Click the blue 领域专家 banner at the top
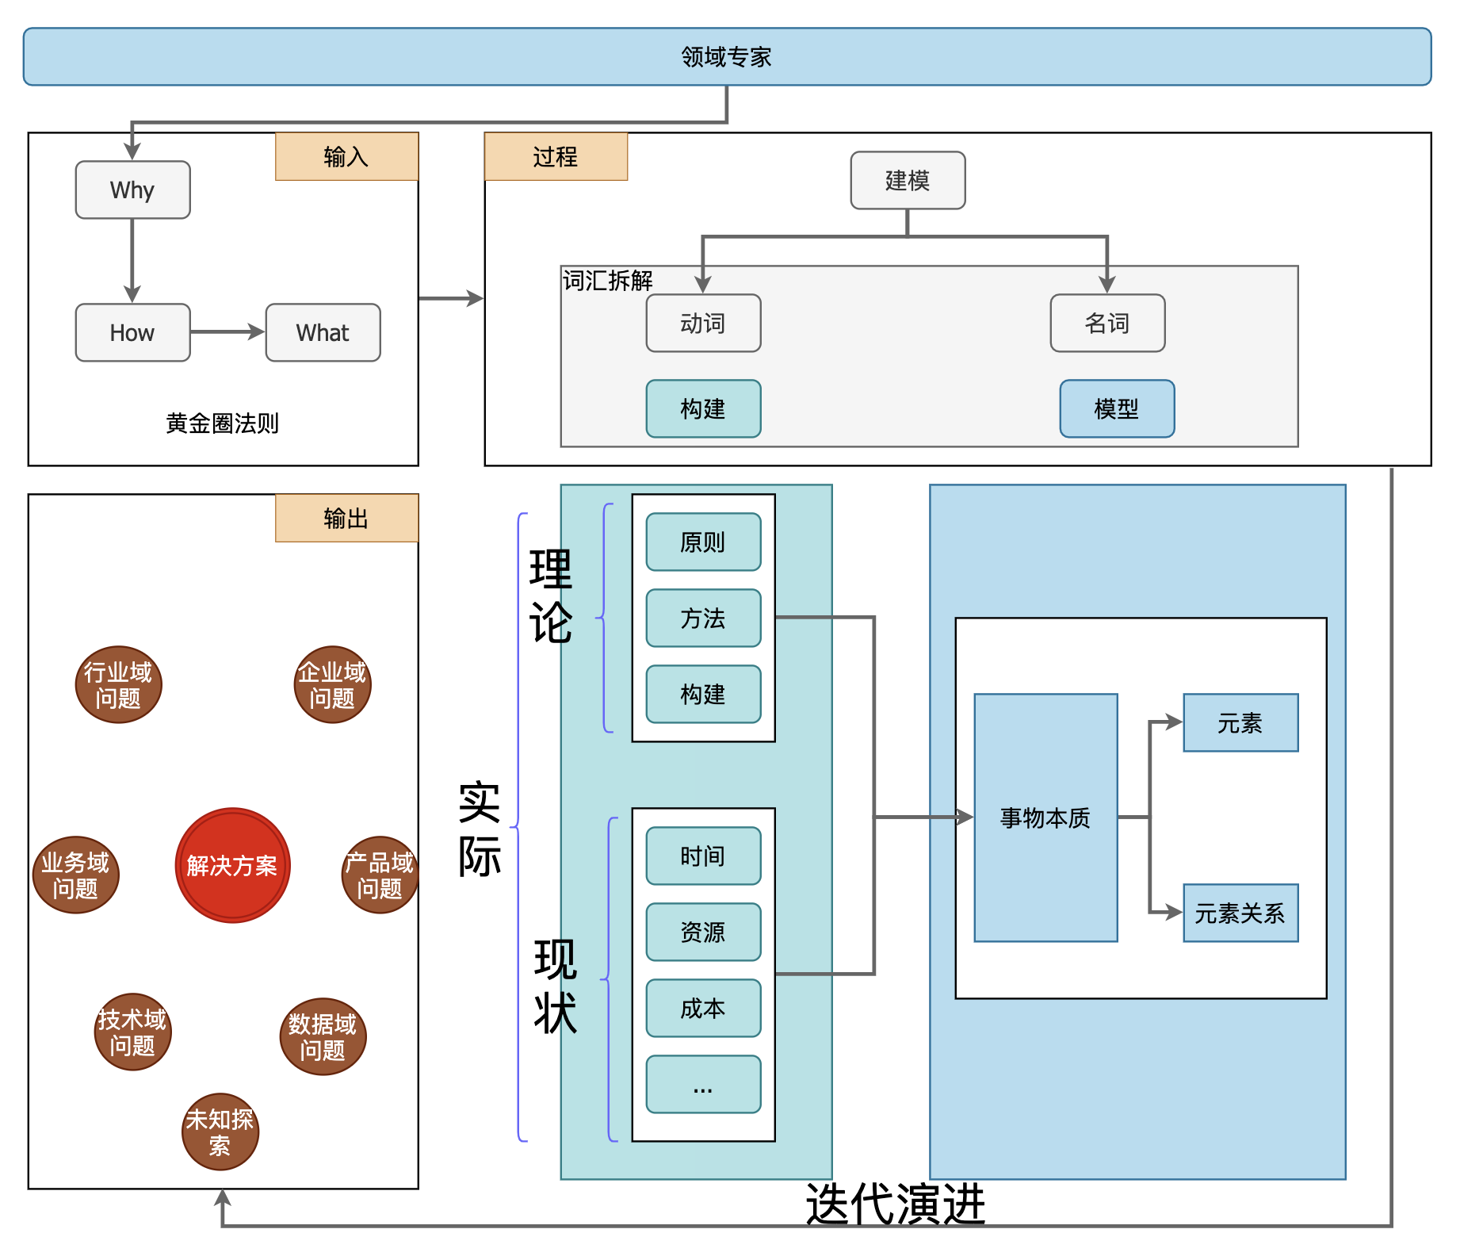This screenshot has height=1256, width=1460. [727, 57]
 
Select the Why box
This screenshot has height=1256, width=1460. [132, 190]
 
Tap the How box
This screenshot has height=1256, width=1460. [132, 333]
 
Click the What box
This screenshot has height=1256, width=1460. [323, 333]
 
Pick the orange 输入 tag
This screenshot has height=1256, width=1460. [346, 157]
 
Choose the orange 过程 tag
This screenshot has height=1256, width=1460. [556, 157]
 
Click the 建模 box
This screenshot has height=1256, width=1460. [908, 181]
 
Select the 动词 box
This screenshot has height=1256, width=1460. [703, 324]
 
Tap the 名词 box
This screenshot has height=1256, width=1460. [1107, 324]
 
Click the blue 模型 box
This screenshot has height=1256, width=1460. [1117, 409]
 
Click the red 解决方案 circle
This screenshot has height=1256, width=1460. [232, 865]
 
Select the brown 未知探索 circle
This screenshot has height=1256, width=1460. [220, 1132]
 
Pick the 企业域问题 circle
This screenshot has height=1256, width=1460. [332, 685]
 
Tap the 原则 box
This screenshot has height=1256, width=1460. [703, 542]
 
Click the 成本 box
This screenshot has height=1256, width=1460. [703, 1009]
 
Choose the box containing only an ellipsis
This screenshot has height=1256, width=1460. [703, 1085]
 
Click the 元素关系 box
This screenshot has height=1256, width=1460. [1240, 913]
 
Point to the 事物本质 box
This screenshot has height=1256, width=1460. [1045, 818]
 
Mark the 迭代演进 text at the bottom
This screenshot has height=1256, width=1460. [896, 1204]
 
